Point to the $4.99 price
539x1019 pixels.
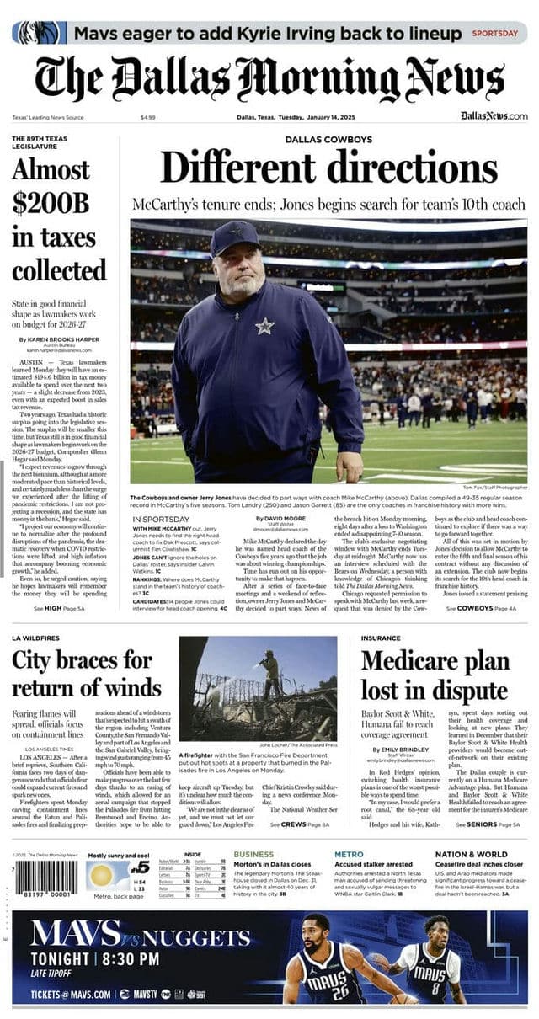[148, 117]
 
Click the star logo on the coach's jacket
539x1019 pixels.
[264, 326]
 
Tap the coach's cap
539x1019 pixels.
[236, 238]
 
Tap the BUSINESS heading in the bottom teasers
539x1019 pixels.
[253, 854]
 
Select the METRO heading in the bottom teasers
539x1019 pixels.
[349, 854]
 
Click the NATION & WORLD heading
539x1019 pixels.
[472, 854]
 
